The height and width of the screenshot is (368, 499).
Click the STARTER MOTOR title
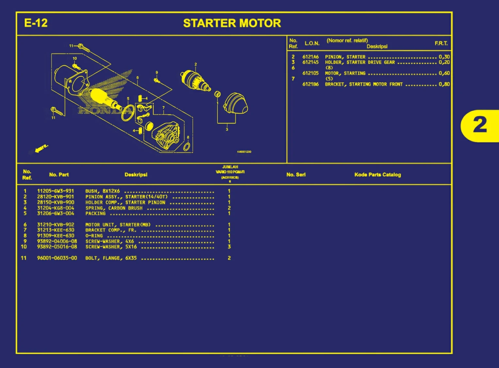point(232,23)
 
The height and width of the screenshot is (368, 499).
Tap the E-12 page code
point(36,23)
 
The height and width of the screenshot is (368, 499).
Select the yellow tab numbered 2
point(480,125)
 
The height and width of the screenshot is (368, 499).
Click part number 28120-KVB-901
point(56,197)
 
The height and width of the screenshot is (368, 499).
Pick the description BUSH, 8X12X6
point(103,191)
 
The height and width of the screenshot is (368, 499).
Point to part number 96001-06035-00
point(57,258)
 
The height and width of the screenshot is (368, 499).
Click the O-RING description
point(94,236)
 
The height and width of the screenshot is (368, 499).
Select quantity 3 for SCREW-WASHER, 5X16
point(229,247)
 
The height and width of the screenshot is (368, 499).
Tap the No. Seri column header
point(296,175)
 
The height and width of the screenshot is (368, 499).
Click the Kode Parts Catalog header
point(378,175)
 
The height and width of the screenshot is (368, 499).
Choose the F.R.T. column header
point(441,43)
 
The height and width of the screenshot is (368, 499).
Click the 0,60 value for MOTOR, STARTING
point(444,73)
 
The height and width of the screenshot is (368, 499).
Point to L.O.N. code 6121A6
point(310,57)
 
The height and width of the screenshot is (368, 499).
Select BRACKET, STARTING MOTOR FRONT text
point(363,84)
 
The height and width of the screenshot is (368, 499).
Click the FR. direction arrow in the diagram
point(41,148)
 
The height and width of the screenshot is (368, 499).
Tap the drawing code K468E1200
point(244,152)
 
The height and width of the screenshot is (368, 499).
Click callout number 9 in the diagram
point(157,72)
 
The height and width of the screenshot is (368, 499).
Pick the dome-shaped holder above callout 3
point(235,104)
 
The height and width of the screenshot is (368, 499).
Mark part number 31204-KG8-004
point(56,208)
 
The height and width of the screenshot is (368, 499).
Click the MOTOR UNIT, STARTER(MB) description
point(118,225)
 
